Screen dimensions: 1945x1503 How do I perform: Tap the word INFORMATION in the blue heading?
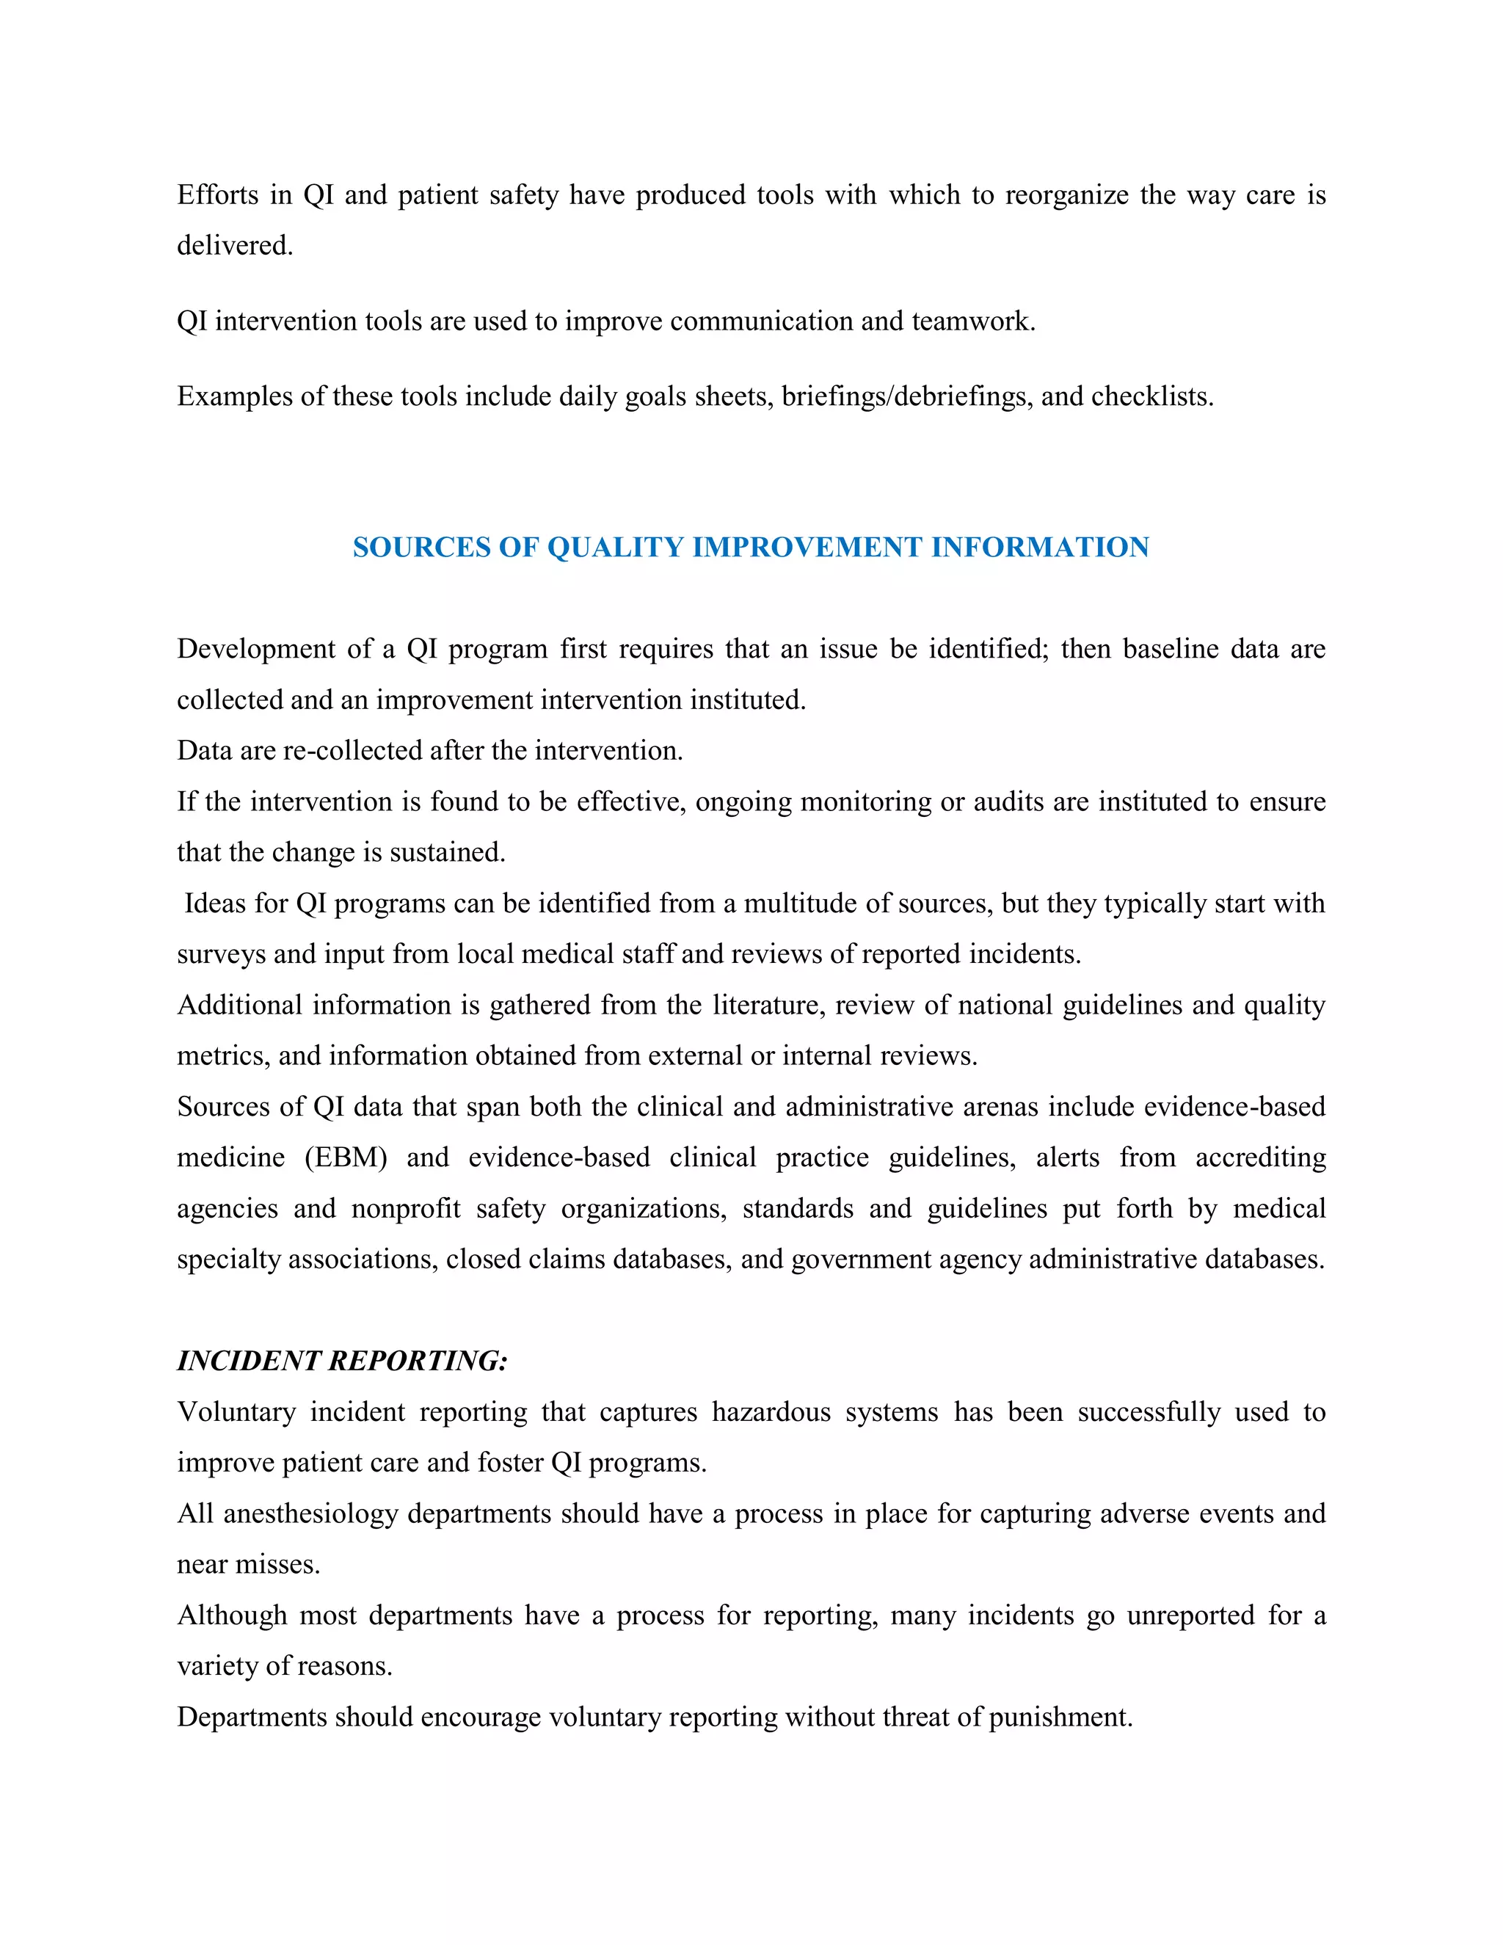(x=1040, y=547)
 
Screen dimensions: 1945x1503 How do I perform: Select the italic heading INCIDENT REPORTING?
(x=342, y=1361)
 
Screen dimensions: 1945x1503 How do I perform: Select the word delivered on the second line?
(x=234, y=245)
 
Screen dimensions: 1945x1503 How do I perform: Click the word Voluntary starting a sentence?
(x=236, y=1412)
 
